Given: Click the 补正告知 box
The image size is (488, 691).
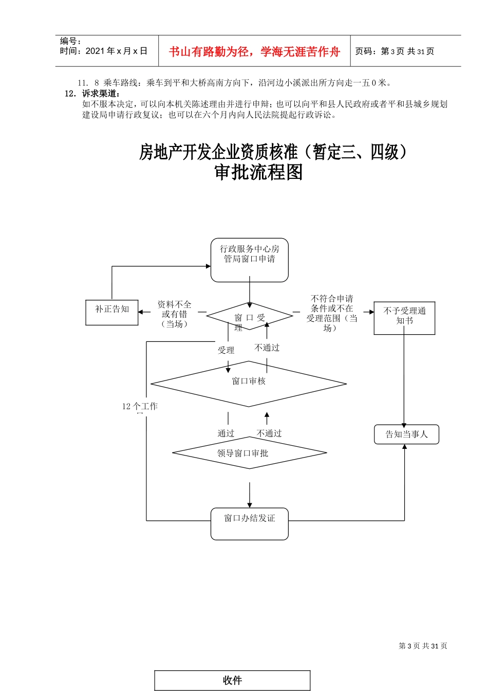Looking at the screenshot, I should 112,312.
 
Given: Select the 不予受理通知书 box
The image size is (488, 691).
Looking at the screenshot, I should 404,318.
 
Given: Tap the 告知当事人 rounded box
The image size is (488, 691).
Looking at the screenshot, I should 406,434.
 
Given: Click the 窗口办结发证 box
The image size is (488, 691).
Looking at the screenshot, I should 250,523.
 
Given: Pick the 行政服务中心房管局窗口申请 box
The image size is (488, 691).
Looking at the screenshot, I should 250,260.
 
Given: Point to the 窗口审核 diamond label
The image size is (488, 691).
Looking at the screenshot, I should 249,381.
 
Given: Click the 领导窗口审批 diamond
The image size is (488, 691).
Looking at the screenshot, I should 250,453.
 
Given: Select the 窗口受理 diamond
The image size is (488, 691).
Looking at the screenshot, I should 250,317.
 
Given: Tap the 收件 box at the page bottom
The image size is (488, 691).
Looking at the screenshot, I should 233,680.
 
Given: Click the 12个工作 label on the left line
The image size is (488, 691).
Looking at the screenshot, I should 140,407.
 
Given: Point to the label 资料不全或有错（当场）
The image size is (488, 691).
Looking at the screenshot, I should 175,314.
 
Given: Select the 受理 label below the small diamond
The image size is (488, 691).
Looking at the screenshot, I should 226,351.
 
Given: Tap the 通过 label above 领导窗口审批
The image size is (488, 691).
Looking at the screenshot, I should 226,434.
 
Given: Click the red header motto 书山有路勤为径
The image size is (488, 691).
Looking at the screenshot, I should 254,51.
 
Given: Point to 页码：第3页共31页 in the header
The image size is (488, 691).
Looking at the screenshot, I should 395,51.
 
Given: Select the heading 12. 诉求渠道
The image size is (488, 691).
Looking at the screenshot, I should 93,94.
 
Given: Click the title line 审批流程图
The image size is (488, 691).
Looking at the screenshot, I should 258,172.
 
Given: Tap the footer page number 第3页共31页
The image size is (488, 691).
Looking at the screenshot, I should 423,646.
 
